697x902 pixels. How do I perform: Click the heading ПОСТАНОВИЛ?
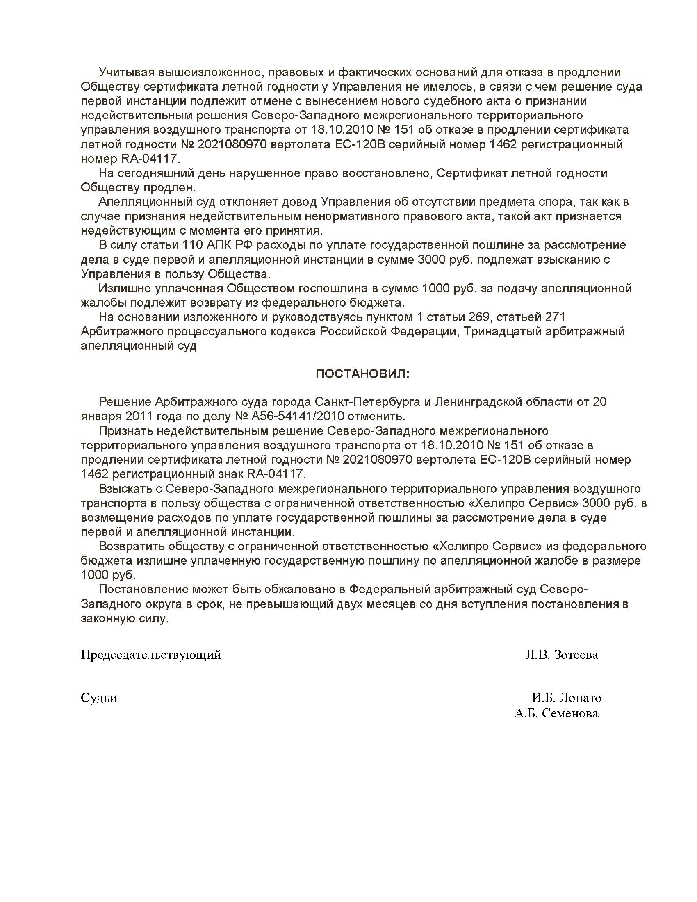tap(362, 374)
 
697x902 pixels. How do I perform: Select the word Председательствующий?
tap(151, 655)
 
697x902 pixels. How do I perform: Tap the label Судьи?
tap(99, 697)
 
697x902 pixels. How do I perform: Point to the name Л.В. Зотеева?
tap(562, 655)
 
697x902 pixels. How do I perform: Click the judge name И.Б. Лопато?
tap(566, 697)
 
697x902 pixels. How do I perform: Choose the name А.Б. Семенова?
tap(556, 713)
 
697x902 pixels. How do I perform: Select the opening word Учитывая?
tap(127, 72)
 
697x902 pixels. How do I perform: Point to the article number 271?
tap(555, 317)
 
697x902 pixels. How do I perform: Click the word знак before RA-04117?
tap(228, 474)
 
